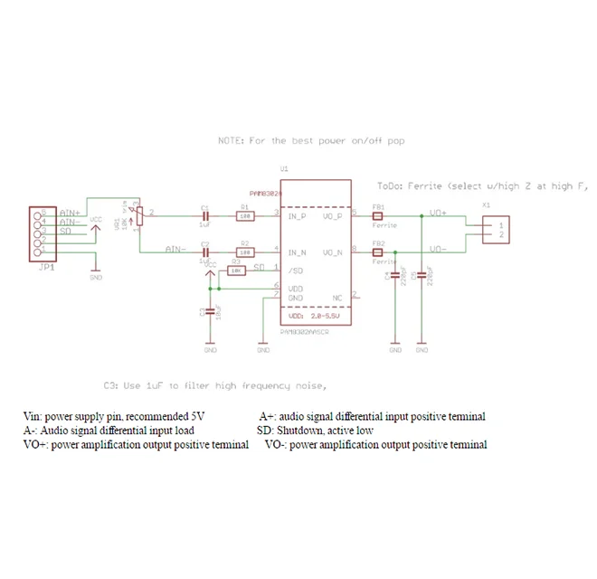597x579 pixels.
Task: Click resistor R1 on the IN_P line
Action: click(x=243, y=216)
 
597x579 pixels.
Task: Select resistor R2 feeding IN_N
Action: click(x=243, y=252)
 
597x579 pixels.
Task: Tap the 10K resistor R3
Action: click(x=236, y=270)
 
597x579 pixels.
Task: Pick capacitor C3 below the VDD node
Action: click(x=210, y=310)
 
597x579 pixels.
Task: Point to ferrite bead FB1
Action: click(x=378, y=216)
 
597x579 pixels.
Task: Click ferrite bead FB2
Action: click(x=378, y=252)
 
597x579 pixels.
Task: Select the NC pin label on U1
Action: click(x=337, y=296)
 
